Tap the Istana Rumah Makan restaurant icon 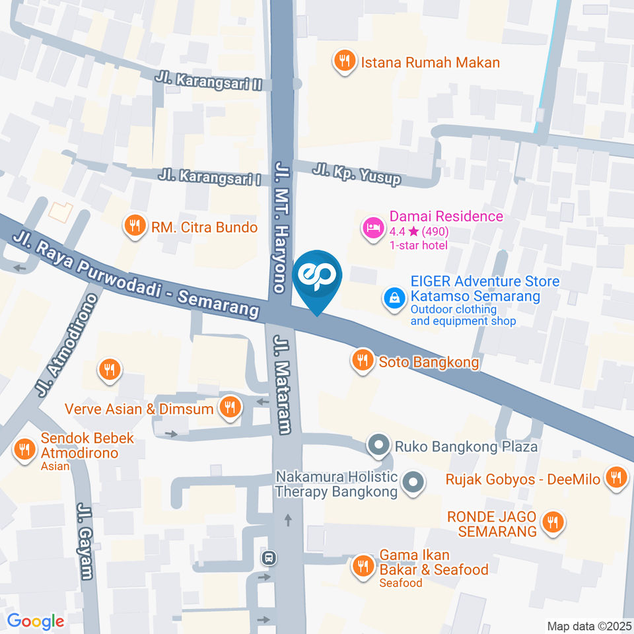343,62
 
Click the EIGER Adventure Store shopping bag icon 394,298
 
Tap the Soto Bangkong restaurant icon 361,361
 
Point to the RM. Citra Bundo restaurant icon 135,227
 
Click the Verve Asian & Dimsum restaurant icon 230,407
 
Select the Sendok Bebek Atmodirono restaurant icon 25,450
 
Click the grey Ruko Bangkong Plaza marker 379,446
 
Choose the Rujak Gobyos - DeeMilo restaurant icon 617,478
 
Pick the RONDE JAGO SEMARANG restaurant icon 551,523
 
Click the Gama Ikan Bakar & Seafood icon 363,565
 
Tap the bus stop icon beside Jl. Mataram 269,558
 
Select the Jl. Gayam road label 85,542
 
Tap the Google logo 36,621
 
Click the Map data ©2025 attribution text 589,625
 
